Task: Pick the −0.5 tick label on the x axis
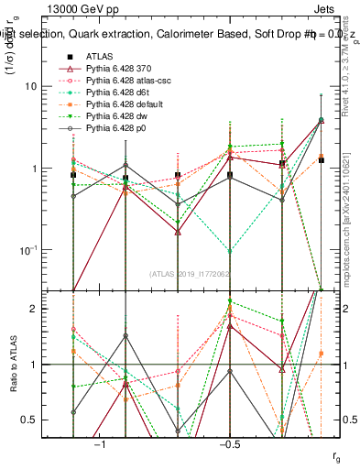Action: [229, 443]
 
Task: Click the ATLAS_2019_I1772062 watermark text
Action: [191, 274]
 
